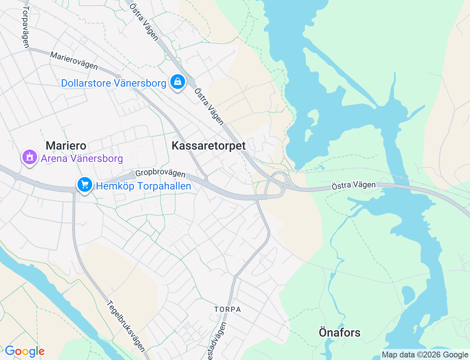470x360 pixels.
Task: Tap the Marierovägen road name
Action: click(x=74, y=61)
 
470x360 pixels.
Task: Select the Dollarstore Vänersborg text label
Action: click(x=113, y=83)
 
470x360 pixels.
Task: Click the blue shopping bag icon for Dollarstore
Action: click(x=177, y=82)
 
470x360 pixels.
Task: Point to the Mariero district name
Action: click(x=66, y=145)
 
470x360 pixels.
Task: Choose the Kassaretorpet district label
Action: click(x=209, y=145)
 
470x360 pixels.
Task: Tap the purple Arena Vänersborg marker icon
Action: click(x=30, y=157)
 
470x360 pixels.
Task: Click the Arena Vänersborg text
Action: click(x=82, y=159)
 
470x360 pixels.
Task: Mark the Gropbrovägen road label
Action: click(x=160, y=173)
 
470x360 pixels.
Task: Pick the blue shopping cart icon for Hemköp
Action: click(x=85, y=184)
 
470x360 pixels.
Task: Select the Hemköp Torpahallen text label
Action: click(x=144, y=186)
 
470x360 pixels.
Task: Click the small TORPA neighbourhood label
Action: click(x=228, y=309)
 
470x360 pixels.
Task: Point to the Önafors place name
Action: click(x=340, y=332)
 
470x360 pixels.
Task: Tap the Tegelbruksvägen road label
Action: click(x=126, y=326)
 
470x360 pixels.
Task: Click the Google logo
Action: click(x=25, y=351)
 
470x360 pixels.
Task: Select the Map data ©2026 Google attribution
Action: click(x=425, y=354)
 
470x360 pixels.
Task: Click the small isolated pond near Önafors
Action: click(x=408, y=295)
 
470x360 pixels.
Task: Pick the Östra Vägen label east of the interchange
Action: click(x=354, y=186)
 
